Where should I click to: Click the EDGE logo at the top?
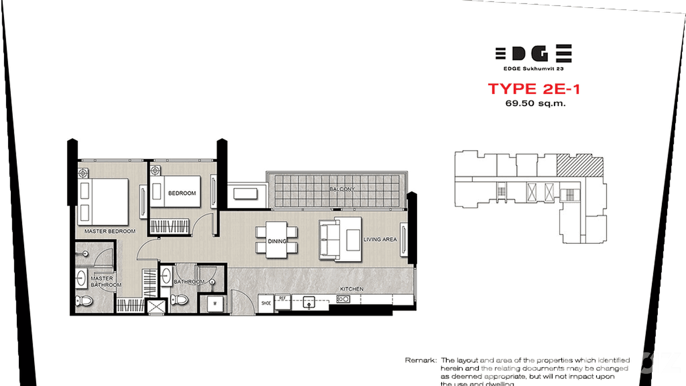[x=533, y=53]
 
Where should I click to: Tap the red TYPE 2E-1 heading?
[x=534, y=89]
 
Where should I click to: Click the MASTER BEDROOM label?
[x=110, y=231]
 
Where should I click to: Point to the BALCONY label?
[x=342, y=189]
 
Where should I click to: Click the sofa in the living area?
[x=330, y=239]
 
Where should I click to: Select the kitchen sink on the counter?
[x=309, y=303]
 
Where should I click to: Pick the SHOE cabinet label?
[x=266, y=303]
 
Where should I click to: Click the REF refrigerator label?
[x=282, y=297]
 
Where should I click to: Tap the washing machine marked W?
[x=215, y=303]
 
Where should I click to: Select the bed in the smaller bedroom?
[x=174, y=191]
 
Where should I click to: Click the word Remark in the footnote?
[x=421, y=360]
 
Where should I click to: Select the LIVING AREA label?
[x=380, y=239]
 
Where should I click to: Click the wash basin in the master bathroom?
[x=81, y=278]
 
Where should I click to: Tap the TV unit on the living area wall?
[x=404, y=240]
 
